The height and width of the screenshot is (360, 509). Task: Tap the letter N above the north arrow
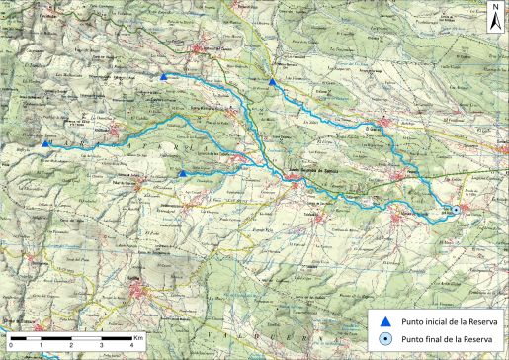pos(492,7)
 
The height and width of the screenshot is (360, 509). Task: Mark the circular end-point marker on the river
pos(457,209)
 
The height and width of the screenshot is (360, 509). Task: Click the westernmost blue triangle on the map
pos(45,145)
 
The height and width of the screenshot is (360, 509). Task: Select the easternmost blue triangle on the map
pos(272,82)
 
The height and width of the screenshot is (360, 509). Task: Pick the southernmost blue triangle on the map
pos(183,174)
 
